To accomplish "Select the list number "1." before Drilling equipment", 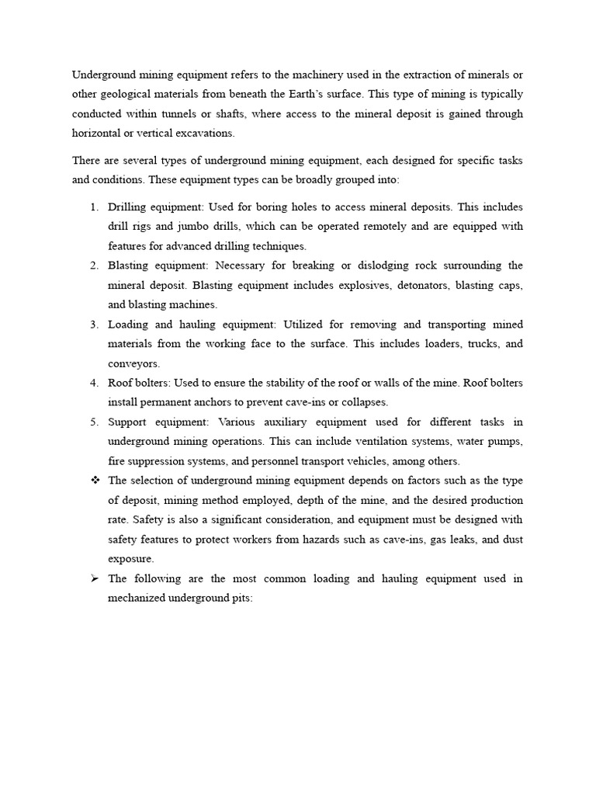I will [x=93, y=207].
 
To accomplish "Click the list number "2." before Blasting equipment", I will [x=93, y=266].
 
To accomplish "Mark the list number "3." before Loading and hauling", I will [x=93, y=324].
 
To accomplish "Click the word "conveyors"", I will [x=133, y=363].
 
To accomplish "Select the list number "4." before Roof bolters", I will [x=93, y=383].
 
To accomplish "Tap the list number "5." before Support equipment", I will [x=93, y=422].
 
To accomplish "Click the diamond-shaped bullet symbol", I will [x=95, y=481].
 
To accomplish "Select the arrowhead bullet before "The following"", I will [x=95, y=578].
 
